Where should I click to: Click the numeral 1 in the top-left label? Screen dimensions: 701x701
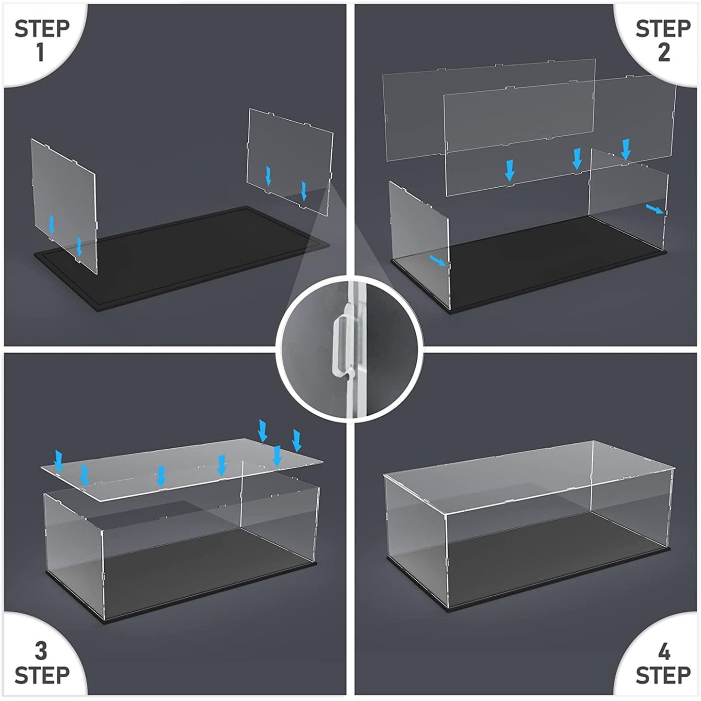[x=40, y=52]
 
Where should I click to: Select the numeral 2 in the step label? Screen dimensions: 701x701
[x=663, y=52]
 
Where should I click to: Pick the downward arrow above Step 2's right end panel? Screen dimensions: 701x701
[x=625, y=149]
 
